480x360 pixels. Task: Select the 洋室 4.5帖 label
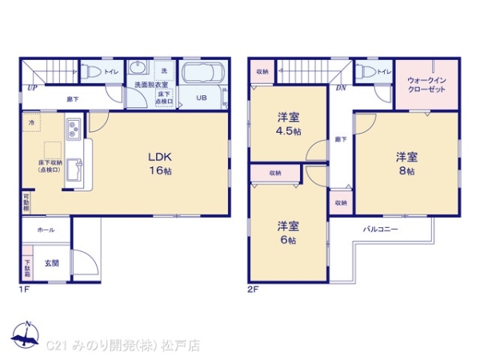(x=288, y=124)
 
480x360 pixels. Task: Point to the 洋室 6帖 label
(x=287, y=232)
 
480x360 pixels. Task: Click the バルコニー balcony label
(x=382, y=229)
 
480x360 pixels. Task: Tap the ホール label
(x=46, y=230)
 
